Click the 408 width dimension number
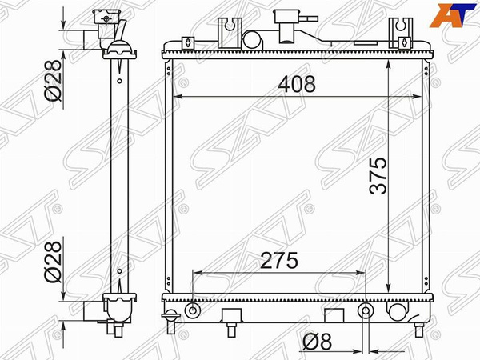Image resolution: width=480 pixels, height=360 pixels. (296, 84)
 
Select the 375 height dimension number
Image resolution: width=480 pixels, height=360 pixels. (378, 176)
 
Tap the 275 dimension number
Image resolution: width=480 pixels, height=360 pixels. (279, 261)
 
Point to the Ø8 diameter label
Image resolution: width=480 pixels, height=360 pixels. (317, 342)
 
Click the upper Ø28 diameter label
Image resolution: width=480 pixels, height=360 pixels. (53, 80)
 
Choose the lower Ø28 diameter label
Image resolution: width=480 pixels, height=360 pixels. (53, 262)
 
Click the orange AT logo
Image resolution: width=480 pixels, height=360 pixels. (453, 15)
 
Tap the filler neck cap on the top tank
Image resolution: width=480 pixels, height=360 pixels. (286, 16)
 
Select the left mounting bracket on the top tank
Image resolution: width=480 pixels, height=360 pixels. (230, 33)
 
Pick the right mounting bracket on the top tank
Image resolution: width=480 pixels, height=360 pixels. (401, 33)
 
